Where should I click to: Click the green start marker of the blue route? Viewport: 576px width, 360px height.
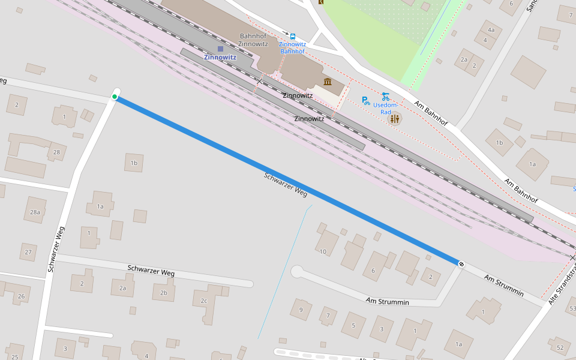(115, 97)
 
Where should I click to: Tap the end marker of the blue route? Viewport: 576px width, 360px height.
(461, 264)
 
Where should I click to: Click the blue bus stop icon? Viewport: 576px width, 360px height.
(293, 36)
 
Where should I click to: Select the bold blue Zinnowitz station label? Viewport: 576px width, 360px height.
(220, 58)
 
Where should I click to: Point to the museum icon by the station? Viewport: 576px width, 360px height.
(328, 82)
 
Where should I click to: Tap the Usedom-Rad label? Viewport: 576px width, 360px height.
(386, 109)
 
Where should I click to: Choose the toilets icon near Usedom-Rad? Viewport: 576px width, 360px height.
(394, 119)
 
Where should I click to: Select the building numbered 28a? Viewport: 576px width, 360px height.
(35, 212)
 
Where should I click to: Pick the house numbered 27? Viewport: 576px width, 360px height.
(28, 252)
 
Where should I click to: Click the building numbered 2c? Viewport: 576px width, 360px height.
(204, 301)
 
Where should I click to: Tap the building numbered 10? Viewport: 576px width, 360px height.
(323, 251)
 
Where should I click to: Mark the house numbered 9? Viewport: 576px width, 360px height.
(301, 310)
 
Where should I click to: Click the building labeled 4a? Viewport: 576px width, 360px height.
(491, 30)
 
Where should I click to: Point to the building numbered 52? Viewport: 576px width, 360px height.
(560, 347)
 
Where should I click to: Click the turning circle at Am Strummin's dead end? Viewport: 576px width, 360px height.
(297, 272)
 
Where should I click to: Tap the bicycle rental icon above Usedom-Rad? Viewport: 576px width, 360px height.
(385, 97)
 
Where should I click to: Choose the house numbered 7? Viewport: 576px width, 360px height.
(328, 315)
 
